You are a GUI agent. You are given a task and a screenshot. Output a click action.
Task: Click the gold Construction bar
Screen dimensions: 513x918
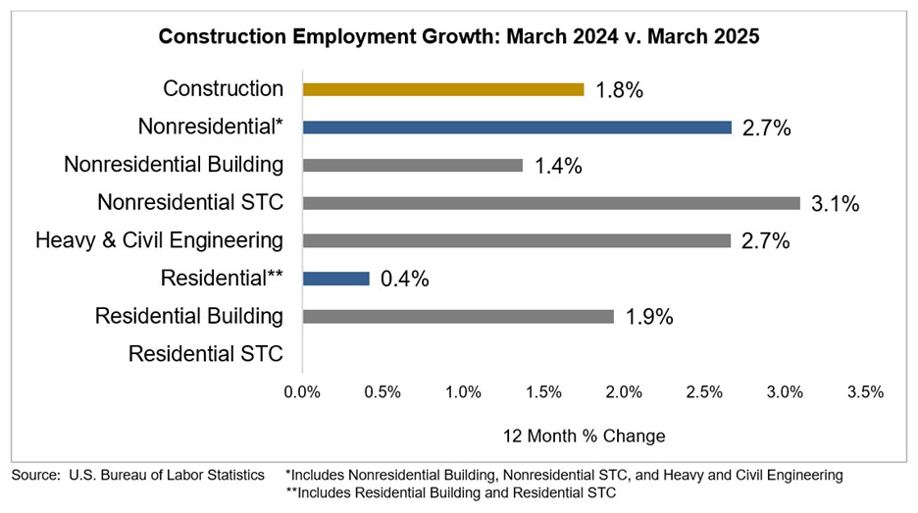pyautogui.click(x=442, y=89)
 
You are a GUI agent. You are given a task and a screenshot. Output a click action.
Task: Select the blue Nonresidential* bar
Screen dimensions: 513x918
pyautogui.click(x=517, y=128)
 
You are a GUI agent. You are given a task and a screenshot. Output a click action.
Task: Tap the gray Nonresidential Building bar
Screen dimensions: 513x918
pyautogui.click(x=412, y=165)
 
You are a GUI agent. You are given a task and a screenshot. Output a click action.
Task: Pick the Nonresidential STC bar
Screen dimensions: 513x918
pyautogui.click(x=551, y=203)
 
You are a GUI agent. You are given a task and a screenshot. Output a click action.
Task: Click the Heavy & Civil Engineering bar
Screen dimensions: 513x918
pyautogui.click(x=517, y=240)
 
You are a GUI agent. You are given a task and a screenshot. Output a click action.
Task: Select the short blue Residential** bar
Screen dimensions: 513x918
pyautogui.click(x=335, y=279)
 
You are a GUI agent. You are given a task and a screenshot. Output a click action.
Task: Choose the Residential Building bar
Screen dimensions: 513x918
pyautogui.click(x=458, y=317)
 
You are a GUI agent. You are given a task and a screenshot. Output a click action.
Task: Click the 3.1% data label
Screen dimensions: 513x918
pyautogui.click(x=835, y=204)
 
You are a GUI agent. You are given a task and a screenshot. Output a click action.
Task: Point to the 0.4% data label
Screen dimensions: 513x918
pyautogui.click(x=405, y=280)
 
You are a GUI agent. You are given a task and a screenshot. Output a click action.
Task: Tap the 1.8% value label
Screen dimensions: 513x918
pyautogui.click(x=619, y=90)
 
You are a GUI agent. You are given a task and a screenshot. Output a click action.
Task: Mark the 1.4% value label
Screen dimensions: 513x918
pyautogui.click(x=558, y=166)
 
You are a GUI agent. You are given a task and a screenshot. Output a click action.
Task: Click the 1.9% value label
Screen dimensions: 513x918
pyautogui.click(x=649, y=318)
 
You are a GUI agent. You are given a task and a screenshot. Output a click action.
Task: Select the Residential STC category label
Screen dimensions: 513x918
pyautogui.click(x=205, y=354)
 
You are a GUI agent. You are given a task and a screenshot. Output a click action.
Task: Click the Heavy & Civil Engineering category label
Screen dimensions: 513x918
pyautogui.click(x=159, y=240)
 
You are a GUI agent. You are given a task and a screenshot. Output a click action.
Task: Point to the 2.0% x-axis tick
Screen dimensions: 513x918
pyautogui.click(x=624, y=392)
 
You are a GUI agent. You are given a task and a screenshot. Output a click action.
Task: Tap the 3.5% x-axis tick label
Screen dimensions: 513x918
pyautogui.click(x=865, y=392)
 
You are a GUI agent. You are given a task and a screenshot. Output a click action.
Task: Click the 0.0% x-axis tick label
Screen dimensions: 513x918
pyautogui.click(x=302, y=392)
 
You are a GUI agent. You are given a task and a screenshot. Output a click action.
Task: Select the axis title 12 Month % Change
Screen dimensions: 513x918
pyautogui.click(x=584, y=436)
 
